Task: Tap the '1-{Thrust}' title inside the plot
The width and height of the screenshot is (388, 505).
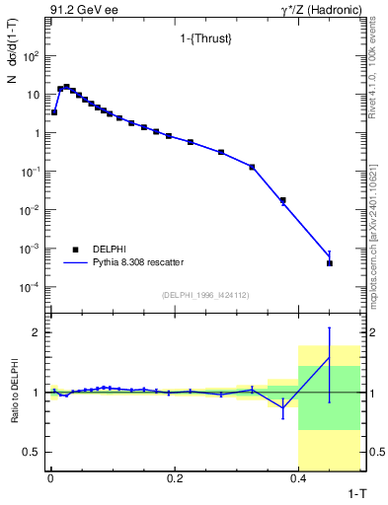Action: [194, 39]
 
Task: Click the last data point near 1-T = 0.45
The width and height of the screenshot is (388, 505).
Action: [330, 263]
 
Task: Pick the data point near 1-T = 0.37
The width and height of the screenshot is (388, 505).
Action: [282, 200]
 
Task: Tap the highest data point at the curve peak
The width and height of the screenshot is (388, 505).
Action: [66, 87]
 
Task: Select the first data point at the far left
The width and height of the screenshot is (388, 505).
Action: [54, 112]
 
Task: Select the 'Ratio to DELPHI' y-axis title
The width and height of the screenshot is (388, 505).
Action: [12, 393]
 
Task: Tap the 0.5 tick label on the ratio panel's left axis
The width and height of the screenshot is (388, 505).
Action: [32, 452]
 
